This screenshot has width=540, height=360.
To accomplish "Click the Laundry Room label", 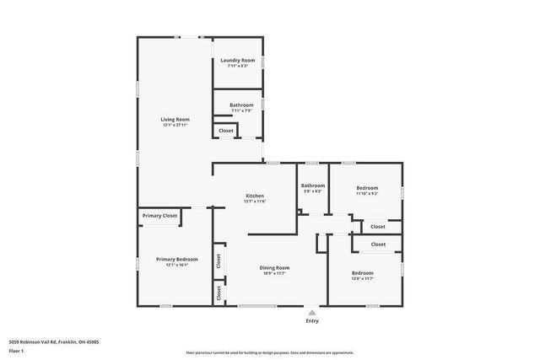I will tap(237, 61).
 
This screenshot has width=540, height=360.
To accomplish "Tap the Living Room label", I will tap(175, 120).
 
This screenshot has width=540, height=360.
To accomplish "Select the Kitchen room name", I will tap(255, 196).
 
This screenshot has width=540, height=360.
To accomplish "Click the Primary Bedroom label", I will tap(176, 259).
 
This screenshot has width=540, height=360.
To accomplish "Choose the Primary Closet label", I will tap(159, 216).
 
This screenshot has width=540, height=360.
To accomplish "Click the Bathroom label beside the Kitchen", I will tap(313, 185).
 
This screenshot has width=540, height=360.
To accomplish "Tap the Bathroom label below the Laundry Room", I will tap(241, 105).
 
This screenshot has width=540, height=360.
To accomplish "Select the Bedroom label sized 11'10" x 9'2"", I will tap(367, 188).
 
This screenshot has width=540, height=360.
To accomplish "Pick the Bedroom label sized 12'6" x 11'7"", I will tap(363, 273).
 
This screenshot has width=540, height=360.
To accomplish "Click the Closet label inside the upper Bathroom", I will tap(226, 131).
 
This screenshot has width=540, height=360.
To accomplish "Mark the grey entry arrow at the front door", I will tap(312, 312).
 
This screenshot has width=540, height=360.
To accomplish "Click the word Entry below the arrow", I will tap(312, 321).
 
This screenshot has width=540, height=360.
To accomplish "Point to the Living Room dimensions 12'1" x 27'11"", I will tap(175, 126).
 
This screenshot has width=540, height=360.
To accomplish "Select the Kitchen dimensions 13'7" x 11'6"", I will tap(255, 201).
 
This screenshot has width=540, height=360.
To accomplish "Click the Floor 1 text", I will tap(16, 350).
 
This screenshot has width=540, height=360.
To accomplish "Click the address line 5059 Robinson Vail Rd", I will tap(54, 341).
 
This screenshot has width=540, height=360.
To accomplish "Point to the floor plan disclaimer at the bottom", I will tap(270, 352).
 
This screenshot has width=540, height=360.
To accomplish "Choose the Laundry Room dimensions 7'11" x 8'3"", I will tap(237, 67).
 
